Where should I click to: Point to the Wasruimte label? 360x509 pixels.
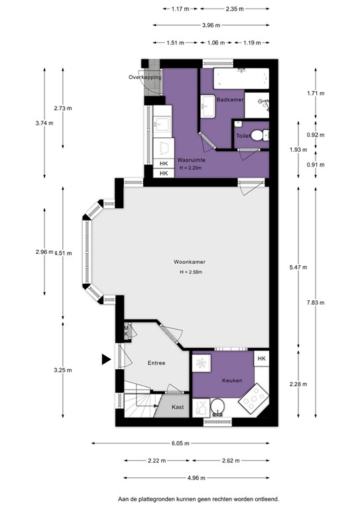point(190,160)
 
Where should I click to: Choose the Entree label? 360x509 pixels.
point(156,363)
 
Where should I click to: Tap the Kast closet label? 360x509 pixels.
point(178,407)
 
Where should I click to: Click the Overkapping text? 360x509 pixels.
point(145,78)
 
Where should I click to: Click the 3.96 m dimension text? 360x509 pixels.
point(211,27)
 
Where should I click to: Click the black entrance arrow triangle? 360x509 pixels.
point(105,359)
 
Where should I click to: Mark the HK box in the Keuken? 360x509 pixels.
point(261,359)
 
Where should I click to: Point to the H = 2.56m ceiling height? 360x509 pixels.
point(190,272)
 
